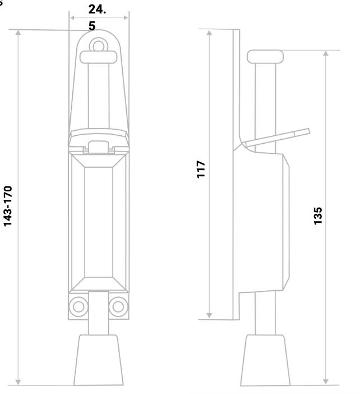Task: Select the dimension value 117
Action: coord(201,169)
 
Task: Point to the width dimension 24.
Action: coord(98,10)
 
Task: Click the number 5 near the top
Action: coord(91,25)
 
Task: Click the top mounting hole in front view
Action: coord(99,44)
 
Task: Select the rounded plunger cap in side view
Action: coord(265,56)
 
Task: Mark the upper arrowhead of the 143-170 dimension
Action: coord(19,33)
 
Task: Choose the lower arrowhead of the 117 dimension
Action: coord(210,315)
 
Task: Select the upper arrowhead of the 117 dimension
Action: coord(210,31)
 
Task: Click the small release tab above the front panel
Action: coord(99,145)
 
